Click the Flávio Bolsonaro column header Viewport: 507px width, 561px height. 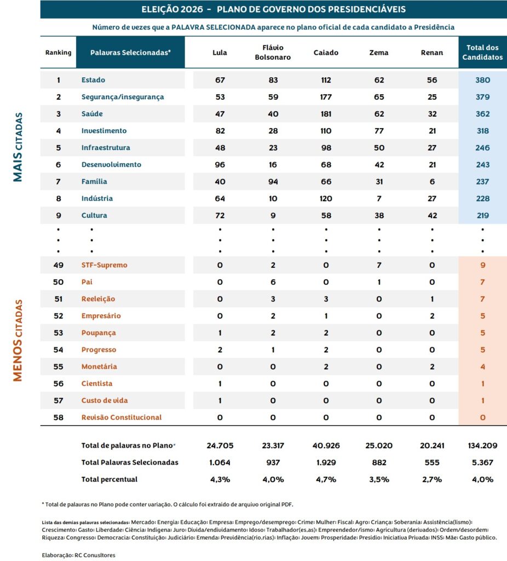[273, 52]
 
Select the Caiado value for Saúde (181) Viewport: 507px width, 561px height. [326, 114]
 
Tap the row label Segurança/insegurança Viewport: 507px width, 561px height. [123, 97]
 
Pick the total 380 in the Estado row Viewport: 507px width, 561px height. [483, 80]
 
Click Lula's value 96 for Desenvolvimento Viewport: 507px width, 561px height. [220, 164]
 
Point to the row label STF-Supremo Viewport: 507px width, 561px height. [105, 265]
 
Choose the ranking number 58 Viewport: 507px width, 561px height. [58, 417]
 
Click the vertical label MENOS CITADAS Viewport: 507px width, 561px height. [18, 340]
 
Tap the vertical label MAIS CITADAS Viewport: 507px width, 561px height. [18, 147]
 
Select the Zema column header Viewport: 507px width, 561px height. [379, 53]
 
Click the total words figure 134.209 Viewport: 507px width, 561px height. [483, 445]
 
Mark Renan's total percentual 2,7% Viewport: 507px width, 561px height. [432, 479]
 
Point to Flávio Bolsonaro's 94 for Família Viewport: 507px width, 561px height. [273, 181]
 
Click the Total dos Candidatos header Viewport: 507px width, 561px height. [483, 52]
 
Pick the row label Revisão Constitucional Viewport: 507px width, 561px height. [122, 417]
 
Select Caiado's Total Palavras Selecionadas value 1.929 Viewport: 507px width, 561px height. [326, 462]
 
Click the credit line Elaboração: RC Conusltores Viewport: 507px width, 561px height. [79, 556]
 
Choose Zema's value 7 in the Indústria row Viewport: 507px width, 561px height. [379, 198]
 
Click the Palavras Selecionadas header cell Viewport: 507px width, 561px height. [130, 53]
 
